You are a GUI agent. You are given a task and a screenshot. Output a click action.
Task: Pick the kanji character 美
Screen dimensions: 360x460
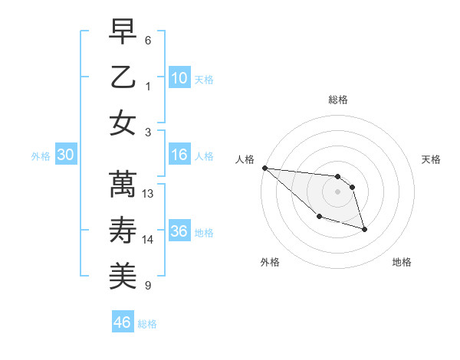(x=123, y=275)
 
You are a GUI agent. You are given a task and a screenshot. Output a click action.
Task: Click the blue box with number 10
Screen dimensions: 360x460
(x=179, y=77)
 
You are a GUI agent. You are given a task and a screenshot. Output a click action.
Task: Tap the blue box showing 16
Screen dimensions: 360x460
(x=179, y=155)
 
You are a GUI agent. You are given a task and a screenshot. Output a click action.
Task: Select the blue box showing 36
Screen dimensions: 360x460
(x=179, y=231)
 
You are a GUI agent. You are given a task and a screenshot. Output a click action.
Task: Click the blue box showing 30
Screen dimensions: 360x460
(x=65, y=155)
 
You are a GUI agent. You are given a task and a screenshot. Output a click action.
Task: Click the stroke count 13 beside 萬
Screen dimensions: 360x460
(x=149, y=194)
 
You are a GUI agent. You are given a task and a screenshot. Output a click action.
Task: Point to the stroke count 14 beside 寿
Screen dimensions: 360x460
(x=149, y=240)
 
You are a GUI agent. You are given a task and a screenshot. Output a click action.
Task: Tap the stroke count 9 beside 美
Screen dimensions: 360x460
(x=147, y=286)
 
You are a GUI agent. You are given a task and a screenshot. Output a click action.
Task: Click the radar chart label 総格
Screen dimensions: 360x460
(x=338, y=100)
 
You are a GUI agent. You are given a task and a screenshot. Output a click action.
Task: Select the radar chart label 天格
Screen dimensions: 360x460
(x=432, y=159)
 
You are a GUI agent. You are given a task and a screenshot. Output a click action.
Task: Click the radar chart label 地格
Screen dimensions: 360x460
(x=402, y=262)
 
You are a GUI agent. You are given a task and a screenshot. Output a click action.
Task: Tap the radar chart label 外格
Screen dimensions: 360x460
(x=270, y=262)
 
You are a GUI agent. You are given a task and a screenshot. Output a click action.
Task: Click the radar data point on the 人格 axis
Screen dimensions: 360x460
(x=264, y=168)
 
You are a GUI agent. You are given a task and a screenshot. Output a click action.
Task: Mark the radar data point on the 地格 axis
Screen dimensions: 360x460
(x=364, y=228)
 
